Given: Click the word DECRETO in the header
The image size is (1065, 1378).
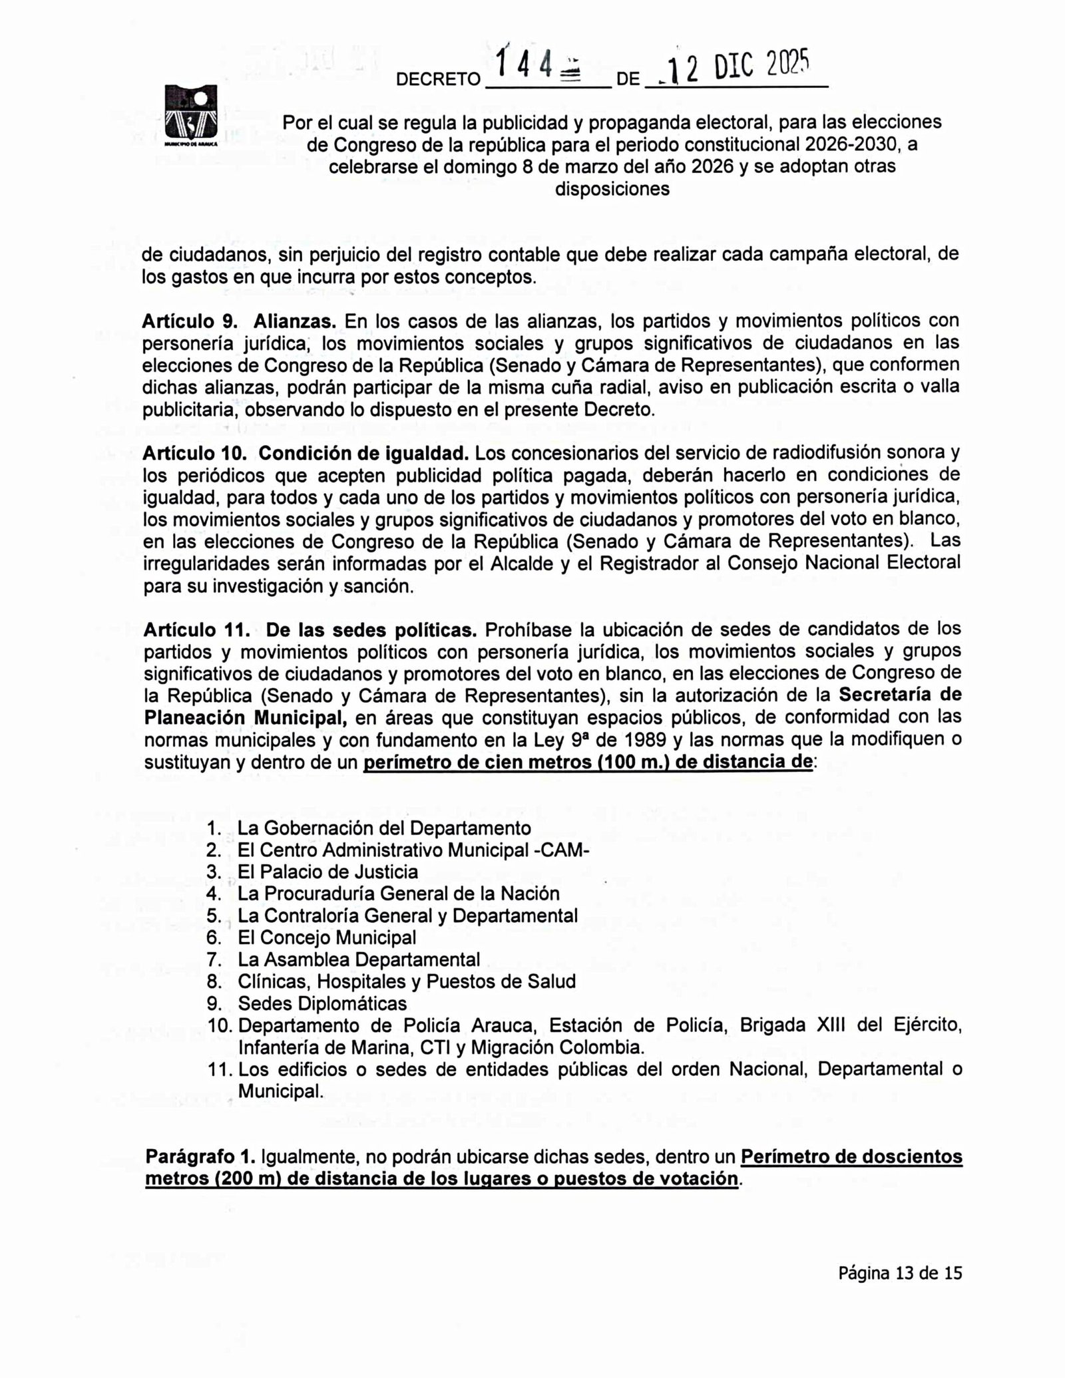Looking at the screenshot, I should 438,80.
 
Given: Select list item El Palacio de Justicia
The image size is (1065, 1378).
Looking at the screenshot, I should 327,872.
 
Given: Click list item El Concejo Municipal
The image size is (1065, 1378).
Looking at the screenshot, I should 327,938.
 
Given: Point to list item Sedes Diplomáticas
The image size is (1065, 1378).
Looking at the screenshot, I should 322,1003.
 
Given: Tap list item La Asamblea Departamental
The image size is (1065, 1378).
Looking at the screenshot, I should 359,959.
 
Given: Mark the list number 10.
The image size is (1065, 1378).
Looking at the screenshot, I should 219,1025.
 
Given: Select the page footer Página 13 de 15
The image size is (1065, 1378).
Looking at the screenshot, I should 900,1274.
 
